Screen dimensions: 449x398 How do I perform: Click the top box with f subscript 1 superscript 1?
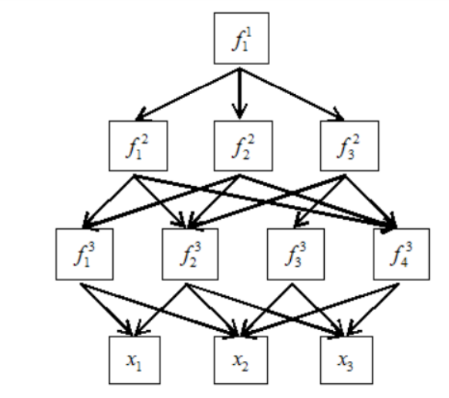[241, 38]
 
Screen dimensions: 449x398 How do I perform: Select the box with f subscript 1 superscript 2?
[138, 146]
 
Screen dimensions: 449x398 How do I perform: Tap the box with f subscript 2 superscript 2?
[243, 146]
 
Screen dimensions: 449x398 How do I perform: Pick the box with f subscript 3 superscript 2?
[349, 146]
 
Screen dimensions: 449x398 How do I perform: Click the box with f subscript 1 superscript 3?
[84, 254]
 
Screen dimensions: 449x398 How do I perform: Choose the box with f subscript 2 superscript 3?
[190, 254]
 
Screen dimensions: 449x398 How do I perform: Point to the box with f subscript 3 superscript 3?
[295, 254]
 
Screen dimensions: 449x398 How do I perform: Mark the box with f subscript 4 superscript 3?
[401, 254]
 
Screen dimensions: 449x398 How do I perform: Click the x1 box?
[134, 360]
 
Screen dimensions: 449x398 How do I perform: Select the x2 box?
[241, 360]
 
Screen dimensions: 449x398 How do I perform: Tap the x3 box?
[346, 360]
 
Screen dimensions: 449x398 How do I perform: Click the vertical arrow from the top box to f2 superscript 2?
[240, 93]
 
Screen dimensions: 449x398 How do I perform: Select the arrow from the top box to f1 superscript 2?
[187, 94]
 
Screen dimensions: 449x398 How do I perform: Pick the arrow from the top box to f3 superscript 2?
[292, 94]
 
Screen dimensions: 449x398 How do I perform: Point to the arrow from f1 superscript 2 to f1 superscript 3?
[108, 202]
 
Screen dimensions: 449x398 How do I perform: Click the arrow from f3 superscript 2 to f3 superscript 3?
[320, 201]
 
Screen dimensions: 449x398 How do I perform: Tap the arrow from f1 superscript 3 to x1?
[106, 310]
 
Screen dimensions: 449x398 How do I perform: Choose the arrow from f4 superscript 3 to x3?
[373, 309]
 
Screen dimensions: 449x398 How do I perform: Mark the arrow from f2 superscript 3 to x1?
[161, 310]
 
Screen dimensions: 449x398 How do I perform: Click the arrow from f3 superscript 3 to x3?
[318, 310]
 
